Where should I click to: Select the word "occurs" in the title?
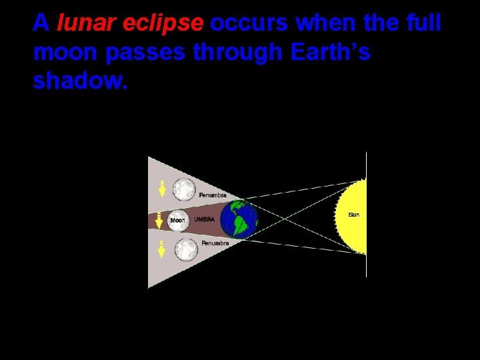(250, 24)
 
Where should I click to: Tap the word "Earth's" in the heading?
(330, 52)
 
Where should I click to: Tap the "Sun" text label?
(354, 215)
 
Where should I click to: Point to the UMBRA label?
(203, 219)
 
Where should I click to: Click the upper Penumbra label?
(213, 195)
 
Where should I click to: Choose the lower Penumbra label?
(215, 243)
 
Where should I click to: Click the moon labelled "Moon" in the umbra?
(179, 219)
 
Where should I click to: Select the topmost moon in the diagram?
(184, 189)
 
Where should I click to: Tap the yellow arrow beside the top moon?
(161, 189)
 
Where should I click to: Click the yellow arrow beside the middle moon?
(159, 220)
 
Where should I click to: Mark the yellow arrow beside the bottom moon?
(161, 251)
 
